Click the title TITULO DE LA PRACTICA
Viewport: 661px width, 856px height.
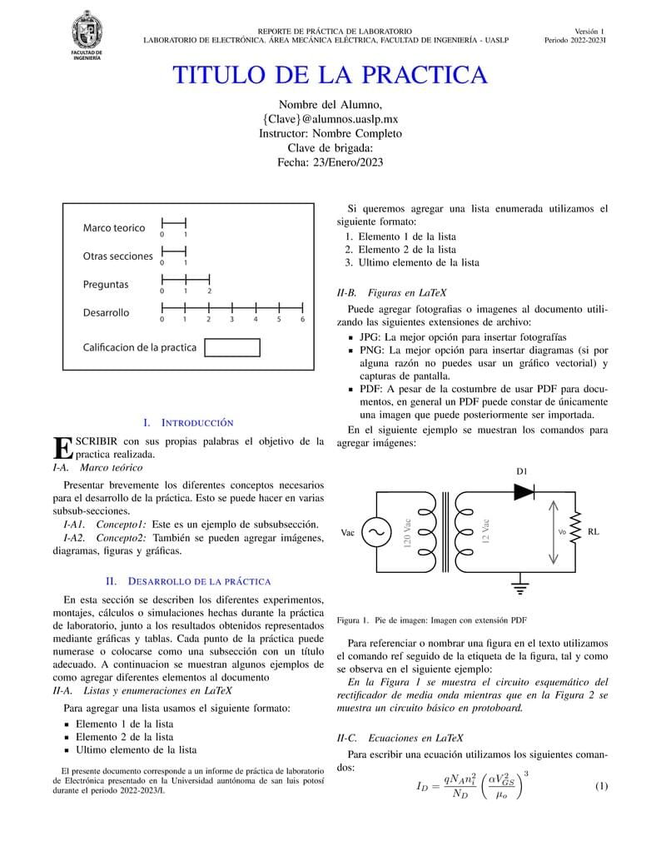(330, 75)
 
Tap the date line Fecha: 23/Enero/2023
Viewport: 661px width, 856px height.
(330, 162)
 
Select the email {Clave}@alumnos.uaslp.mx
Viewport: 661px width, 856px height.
(330, 119)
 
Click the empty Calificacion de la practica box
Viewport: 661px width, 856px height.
(231, 347)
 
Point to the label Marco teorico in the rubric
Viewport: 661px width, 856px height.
(113, 227)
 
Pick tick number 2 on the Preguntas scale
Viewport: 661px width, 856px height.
(209, 281)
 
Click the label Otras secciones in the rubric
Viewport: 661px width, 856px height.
(117, 256)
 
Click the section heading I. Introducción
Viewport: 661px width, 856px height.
(188, 423)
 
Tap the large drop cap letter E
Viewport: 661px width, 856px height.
(62, 448)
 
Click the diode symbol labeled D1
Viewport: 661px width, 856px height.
(523, 492)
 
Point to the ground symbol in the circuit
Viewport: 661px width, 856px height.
(521, 589)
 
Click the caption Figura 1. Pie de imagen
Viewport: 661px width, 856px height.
(431, 620)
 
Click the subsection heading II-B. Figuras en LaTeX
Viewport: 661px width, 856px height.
(391, 292)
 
